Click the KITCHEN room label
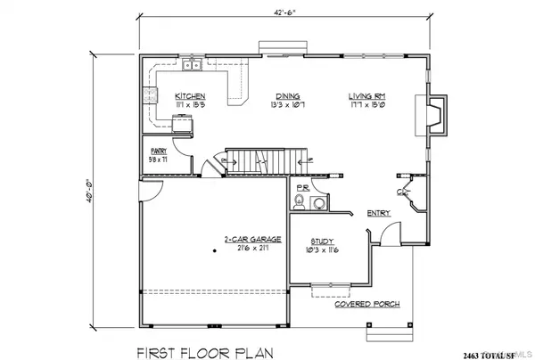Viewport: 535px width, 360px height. (191, 96)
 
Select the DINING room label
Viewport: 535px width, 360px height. (287, 96)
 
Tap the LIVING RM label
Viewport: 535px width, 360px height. (366, 96)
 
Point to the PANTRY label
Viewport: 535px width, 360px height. (159, 151)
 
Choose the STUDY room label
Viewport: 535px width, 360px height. (321, 241)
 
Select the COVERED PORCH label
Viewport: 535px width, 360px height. (366, 304)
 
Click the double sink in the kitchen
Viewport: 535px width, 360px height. (192, 66)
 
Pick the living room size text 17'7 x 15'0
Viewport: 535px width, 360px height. (366, 105)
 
